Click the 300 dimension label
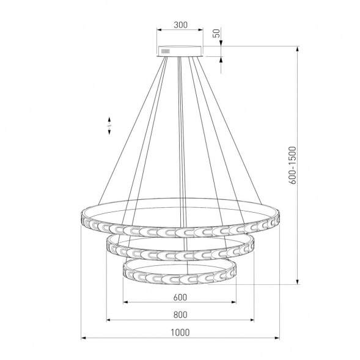pyautogui.click(x=180, y=25)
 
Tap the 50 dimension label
pyautogui.click(x=217, y=33)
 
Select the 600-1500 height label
pyautogui.click(x=293, y=165)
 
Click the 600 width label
pyautogui.click(x=180, y=297)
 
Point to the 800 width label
pyautogui.click(x=180, y=315)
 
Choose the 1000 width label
pyautogui.click(x=180, y=332)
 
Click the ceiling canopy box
pyautogui.click(x=180, y=51)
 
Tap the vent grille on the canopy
pyautogui.click(x=165, y=51)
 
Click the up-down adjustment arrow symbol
pyautogui.click(x=109, y=125)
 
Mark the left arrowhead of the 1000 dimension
pyautogui.click(x=84, y=338)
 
